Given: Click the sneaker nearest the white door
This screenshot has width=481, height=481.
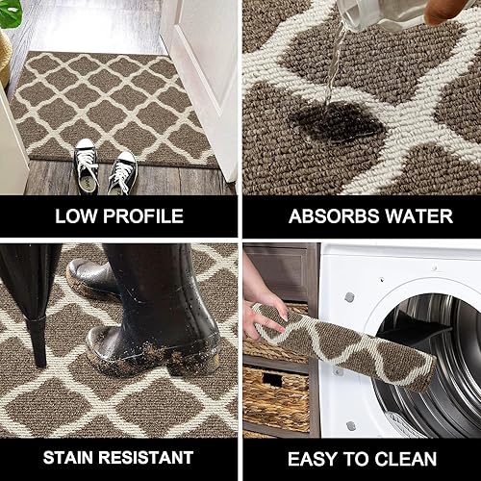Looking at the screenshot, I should click(122, 170).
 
